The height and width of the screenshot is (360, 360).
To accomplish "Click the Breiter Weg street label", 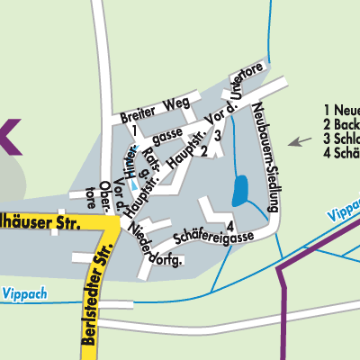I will [x=149, y=109].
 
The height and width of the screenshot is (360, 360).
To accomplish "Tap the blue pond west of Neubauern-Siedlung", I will [x=241, y=191].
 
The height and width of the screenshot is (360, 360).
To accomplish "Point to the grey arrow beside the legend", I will [x=300, y=140].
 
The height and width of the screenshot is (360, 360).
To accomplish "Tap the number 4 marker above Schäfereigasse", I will [x=230, y=225].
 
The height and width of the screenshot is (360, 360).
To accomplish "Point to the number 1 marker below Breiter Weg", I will [x=132, y=130].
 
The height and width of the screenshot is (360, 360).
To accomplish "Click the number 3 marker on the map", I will [x=218, y=135].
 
